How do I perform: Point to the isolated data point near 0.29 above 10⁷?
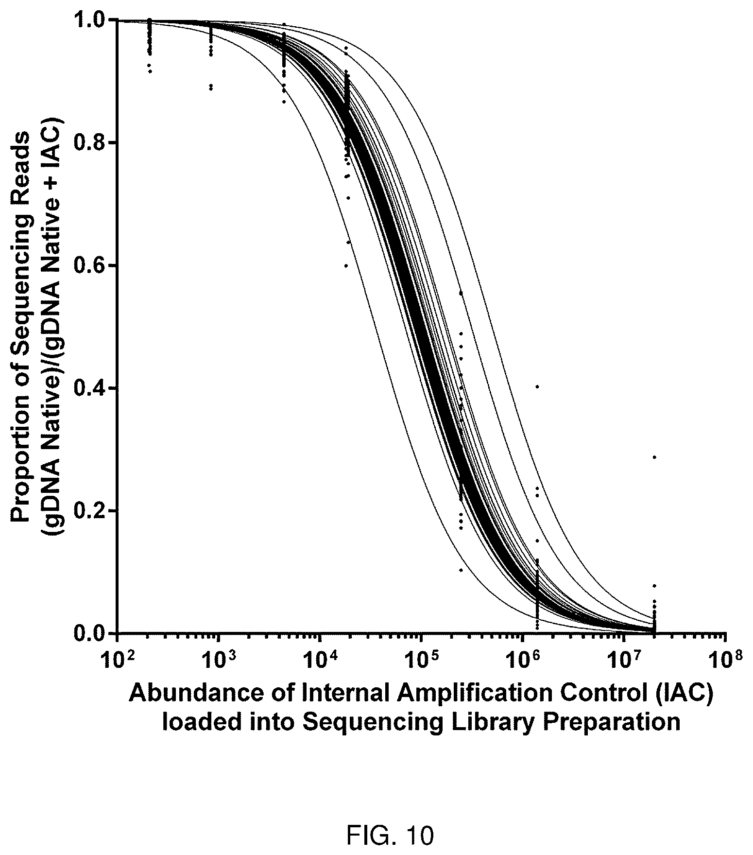pyautogui.click(x=654, y=457)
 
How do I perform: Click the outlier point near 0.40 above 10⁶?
pyautogui.click(x=537, y=387)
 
